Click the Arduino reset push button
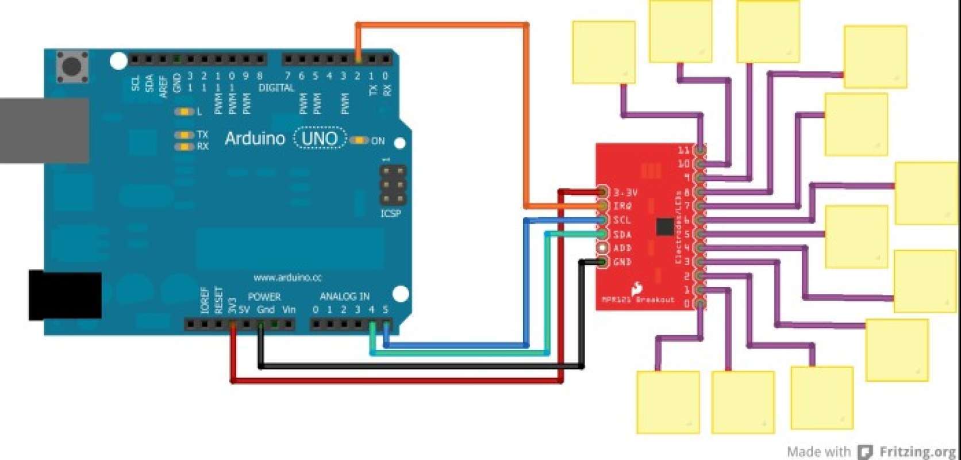(x=72, y=67)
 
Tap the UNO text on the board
(x=320, y=139)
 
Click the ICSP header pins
(x=393, y=185)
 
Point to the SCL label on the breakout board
(x=622, y=220)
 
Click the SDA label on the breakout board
(x=622, y=235)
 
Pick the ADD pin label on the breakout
(x=622, y=248)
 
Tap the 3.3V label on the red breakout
(x=625, y=193)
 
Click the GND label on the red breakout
(x=622, y=262)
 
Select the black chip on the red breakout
(x=664, y=226)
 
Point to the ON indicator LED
(x=359, y=140)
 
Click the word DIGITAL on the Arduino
(x=276, y=88)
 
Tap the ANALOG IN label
(x=344, y=297)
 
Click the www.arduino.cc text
(x=287, y=278)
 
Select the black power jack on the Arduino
(x=65, y=296)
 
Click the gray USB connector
(x=44, y=131)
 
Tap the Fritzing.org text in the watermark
(x=917, y=451)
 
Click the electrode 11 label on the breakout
(x=683, y=151)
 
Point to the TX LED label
(x=202, y=135)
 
